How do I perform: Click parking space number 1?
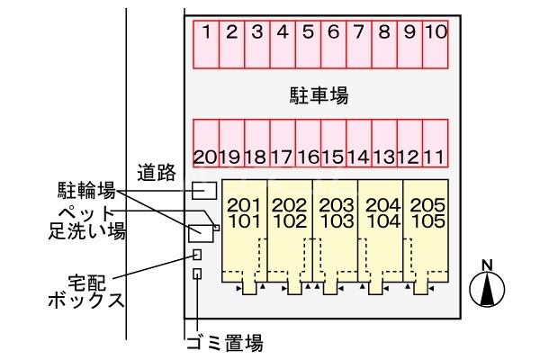[x=206, y=44]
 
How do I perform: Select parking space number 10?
[x=436, y=44]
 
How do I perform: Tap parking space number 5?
[x=308, y=44]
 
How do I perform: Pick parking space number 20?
[x=206, y=143]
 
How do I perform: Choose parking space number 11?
[x=436, y=143]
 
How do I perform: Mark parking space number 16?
[x=308, y=143]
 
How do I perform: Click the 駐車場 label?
[x=319, y=95]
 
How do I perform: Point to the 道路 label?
[x=157, y=173]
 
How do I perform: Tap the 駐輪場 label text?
[x=86, y=190]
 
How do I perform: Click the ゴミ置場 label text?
[x=225, y=342]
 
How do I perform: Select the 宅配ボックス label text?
[x=86, y=292]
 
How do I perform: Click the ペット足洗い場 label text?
[x=86, y=222]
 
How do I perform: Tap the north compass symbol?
[x=487, y=284]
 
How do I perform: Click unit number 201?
[x=244, y=205]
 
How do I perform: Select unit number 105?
[x=428, y=221]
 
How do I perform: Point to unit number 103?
[x=337, y=221]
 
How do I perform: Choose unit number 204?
[x=383, y=205]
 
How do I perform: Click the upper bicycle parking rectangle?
[x=204, y=191]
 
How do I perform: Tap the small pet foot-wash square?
[x=216, y=228]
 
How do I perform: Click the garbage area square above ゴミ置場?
[x=197, y=274]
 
